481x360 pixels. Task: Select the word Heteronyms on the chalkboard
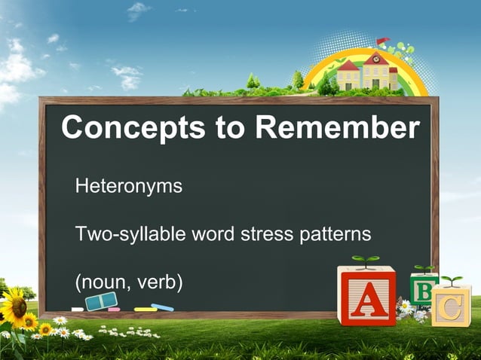click(x=128, y=185)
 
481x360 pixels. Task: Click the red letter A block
click(x=366, y=297)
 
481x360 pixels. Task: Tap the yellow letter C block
click(x=451, y=305)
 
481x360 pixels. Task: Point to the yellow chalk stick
click(x=145, y=309)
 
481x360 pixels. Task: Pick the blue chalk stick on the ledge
click(x=162, y=307)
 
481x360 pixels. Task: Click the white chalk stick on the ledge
click(x=77, y=309)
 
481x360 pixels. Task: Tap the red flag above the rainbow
click(x=382, y=40)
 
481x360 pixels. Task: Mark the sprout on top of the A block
click(x=366, y=261)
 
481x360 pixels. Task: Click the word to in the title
click(x=230, y=129)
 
